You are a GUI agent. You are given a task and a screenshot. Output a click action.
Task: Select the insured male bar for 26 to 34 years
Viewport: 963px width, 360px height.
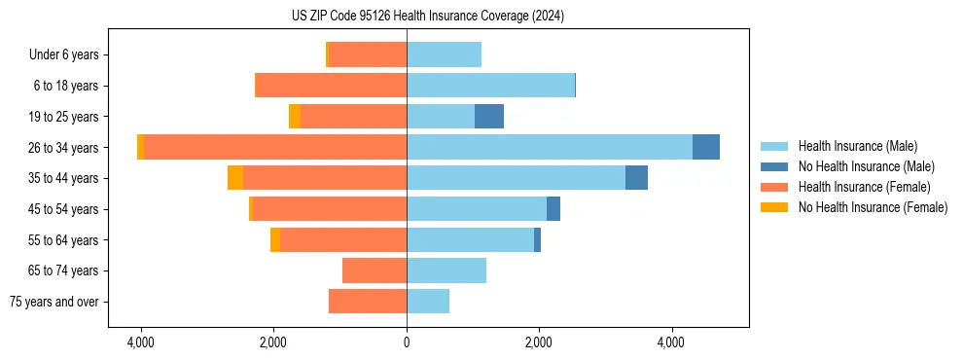550,147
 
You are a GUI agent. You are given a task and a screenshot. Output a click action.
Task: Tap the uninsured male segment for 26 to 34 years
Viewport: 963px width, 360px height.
706,147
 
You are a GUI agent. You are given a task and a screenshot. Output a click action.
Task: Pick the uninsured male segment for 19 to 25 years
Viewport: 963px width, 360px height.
489,117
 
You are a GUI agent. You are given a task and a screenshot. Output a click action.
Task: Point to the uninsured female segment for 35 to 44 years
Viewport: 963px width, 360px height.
235,178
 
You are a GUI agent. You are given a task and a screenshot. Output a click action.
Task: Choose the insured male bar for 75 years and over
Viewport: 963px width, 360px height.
428,302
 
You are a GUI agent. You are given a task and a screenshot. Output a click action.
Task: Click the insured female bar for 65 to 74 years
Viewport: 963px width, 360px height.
374,270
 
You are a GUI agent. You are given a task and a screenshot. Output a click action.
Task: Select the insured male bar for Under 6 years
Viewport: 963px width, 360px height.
444,54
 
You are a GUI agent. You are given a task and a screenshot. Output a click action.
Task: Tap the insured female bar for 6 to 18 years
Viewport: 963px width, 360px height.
331,86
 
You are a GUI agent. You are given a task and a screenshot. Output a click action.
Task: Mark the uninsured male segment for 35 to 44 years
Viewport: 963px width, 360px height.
636,178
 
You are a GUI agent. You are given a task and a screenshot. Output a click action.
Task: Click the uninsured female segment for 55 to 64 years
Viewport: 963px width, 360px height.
275,240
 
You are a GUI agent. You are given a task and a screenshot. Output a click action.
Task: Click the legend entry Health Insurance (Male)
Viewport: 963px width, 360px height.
857,146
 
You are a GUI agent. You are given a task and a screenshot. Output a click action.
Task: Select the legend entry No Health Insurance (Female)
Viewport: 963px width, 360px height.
873,207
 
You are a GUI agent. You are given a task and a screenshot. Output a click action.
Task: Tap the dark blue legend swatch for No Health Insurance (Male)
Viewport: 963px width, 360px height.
774,166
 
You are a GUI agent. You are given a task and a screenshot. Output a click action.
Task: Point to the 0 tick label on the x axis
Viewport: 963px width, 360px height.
407,342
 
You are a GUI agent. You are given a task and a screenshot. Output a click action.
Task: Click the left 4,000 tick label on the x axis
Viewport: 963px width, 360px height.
141,342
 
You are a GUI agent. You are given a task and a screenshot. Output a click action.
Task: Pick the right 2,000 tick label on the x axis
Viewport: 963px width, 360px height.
539,342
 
